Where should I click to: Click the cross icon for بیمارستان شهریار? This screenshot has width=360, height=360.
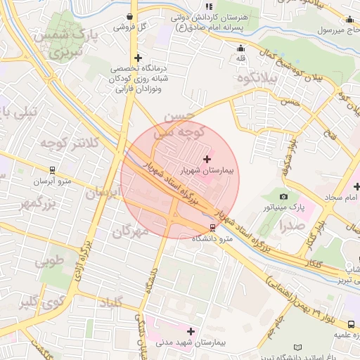(x=206, y=160)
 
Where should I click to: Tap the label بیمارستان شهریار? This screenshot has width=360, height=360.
(x=207, y=170)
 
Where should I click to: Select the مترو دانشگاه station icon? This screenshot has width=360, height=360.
(x=212, y=227)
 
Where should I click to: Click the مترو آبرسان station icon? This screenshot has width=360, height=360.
(x=52, y=170)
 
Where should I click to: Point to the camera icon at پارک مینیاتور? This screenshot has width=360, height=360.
(x=283, y=197)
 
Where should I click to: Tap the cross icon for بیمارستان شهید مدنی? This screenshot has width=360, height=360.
(x=191, y=330)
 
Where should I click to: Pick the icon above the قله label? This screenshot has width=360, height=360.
(x=241, y=49)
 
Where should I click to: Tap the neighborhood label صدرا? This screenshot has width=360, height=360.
(x=291, y=226)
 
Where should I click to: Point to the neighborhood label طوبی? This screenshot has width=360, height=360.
(x=49, y=262)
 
